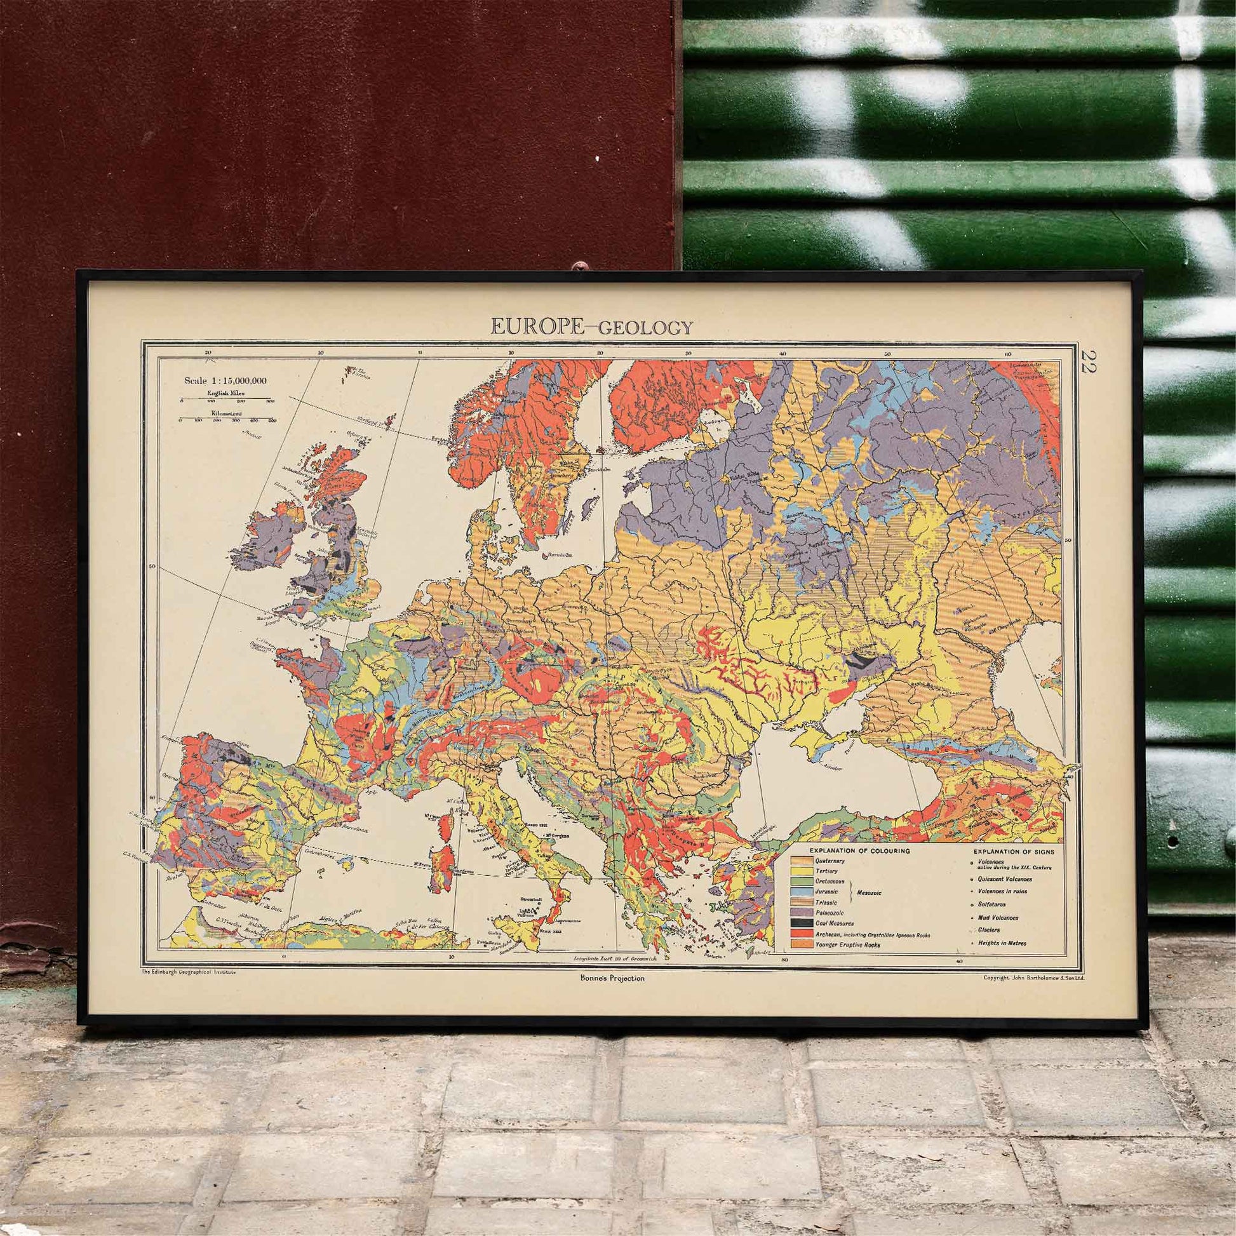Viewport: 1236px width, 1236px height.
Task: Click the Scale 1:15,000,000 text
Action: point(225,380)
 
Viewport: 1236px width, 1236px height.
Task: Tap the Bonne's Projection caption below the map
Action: point(609,977)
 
